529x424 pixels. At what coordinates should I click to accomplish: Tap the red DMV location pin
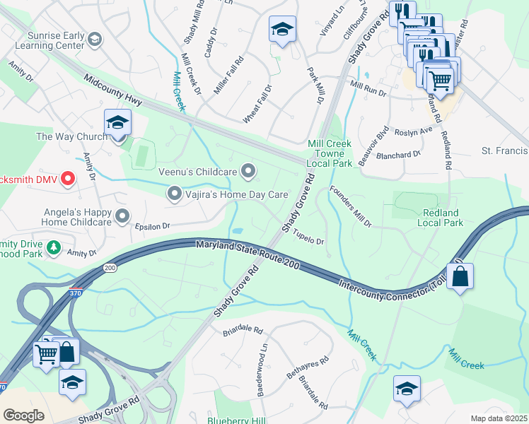pyautogui.click(x=68, y=178)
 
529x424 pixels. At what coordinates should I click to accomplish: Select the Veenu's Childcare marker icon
pyautogui.click(x=248, y=170)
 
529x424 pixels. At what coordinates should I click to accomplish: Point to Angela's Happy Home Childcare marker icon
pyautogui.click(x=123, y=216)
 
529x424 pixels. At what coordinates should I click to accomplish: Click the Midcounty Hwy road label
pyautogui.click(x=113, y=91)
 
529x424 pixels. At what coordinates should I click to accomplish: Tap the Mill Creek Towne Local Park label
pyautogui.click(x=330, y=153)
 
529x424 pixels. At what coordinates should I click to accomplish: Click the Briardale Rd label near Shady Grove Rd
pyautogui.click(x=243, y=330)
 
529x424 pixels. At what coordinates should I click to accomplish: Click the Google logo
pyautogui.click(x=23, y=415)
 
